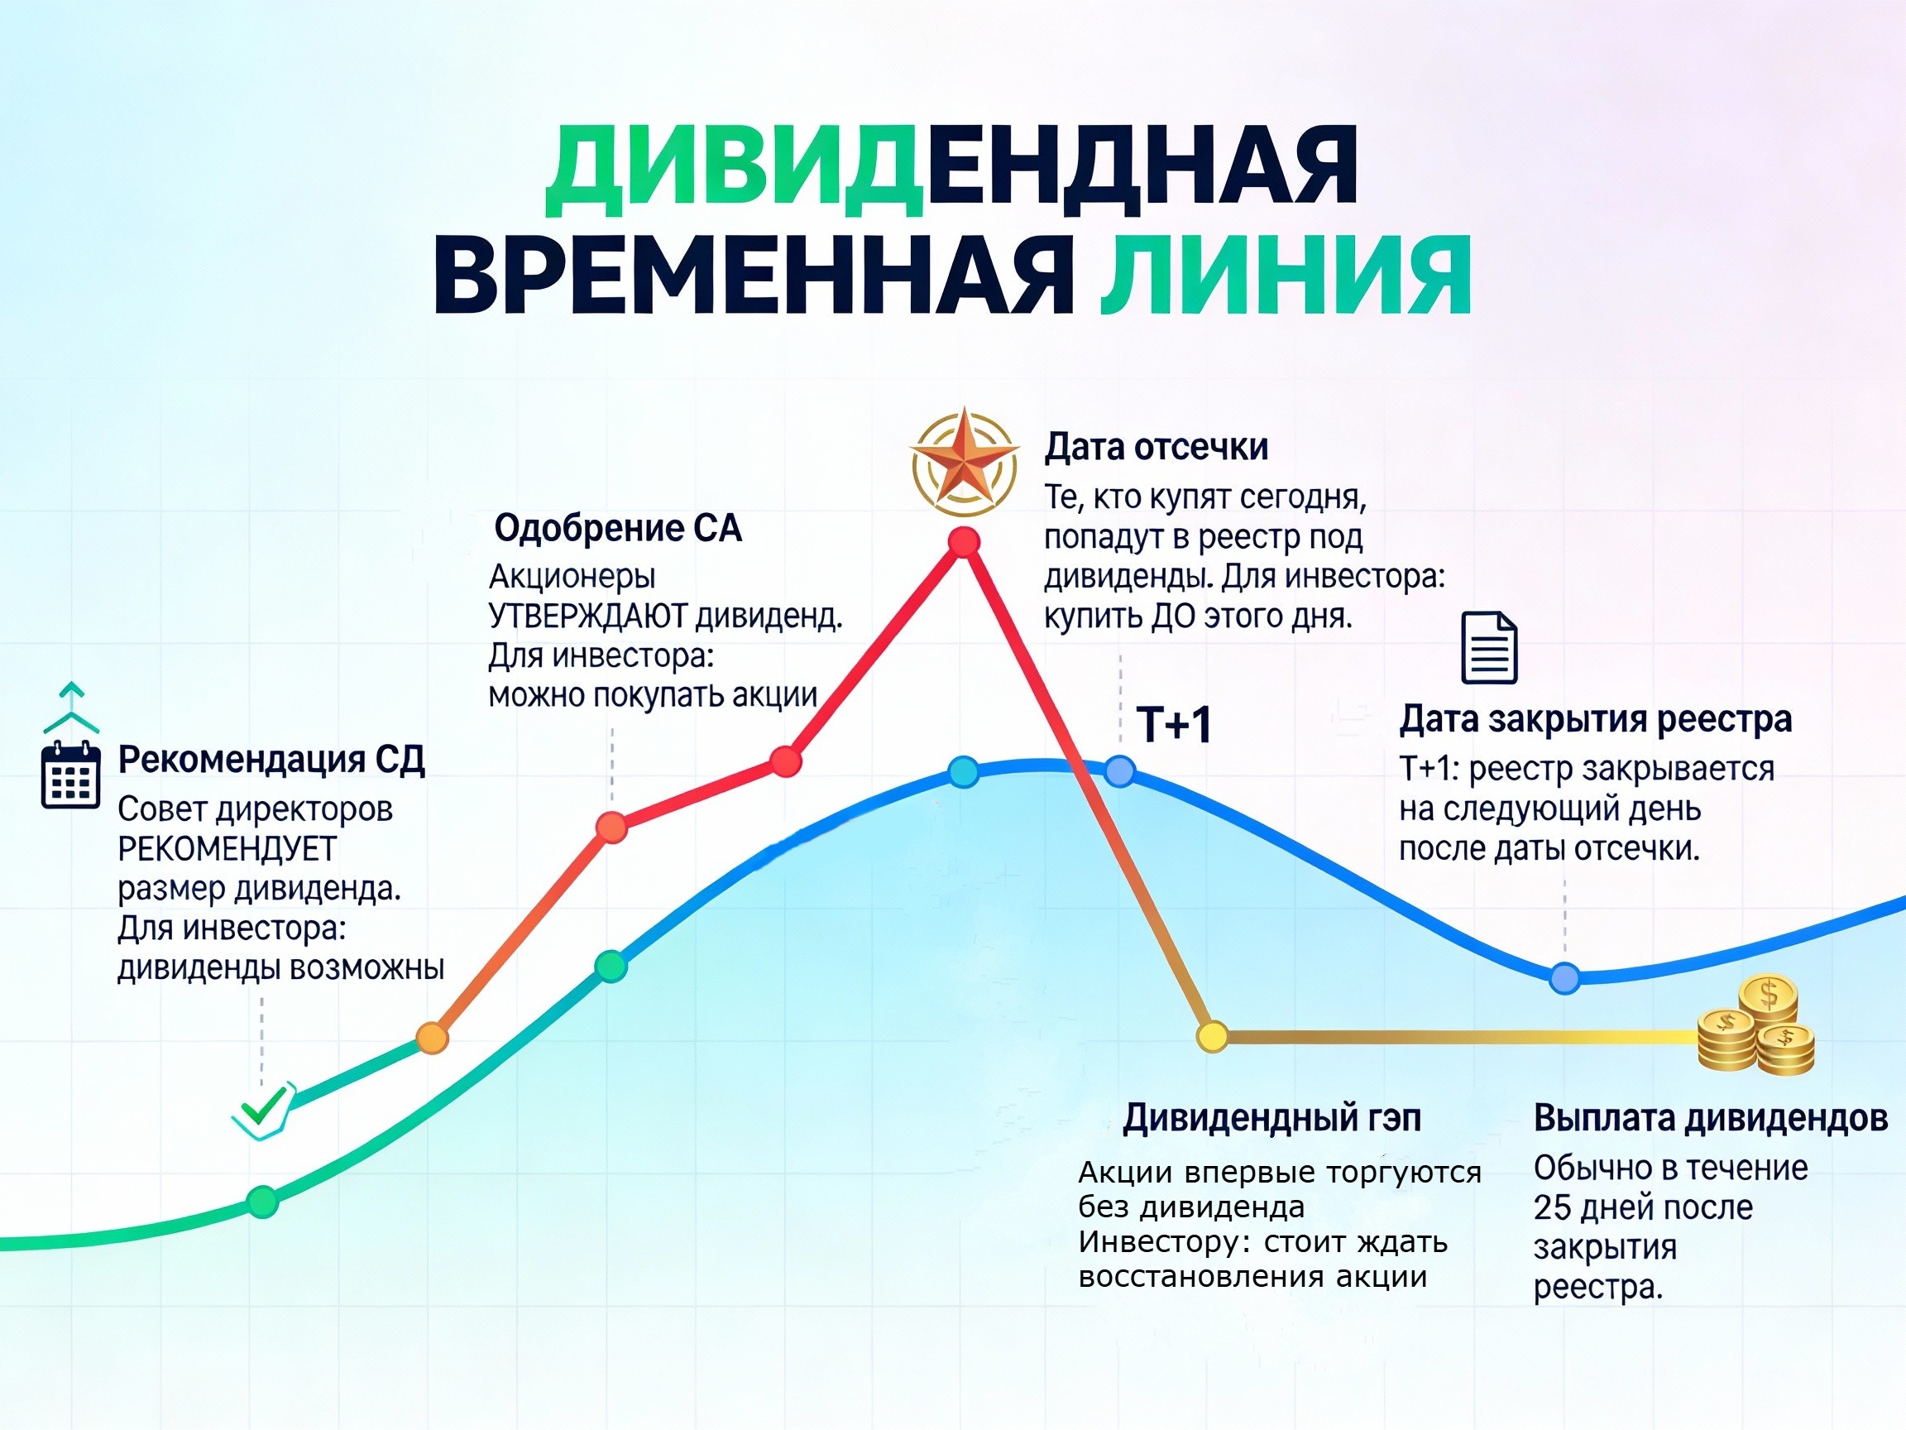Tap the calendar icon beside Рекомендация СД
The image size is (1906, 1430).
coord(70,775)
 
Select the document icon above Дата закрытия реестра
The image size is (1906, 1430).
coord(1489,647)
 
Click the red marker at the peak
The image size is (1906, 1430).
coord(965,541)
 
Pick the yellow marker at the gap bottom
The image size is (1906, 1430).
coord(1213,1036)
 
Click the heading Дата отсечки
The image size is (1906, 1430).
coord(1156,448)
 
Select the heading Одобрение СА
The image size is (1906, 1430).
coord(618,528)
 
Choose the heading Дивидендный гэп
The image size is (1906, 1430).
coord(1271,1118)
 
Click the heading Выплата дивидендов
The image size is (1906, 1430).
coord(1711,1118)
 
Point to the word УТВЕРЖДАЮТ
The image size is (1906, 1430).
coord(587,617)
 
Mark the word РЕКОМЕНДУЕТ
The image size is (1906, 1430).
coord(227,849)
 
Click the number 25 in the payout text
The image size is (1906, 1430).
coord(1553,1207)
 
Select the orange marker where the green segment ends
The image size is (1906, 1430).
coord(433,1038)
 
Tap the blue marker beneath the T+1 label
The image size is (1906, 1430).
coord(1119,770)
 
